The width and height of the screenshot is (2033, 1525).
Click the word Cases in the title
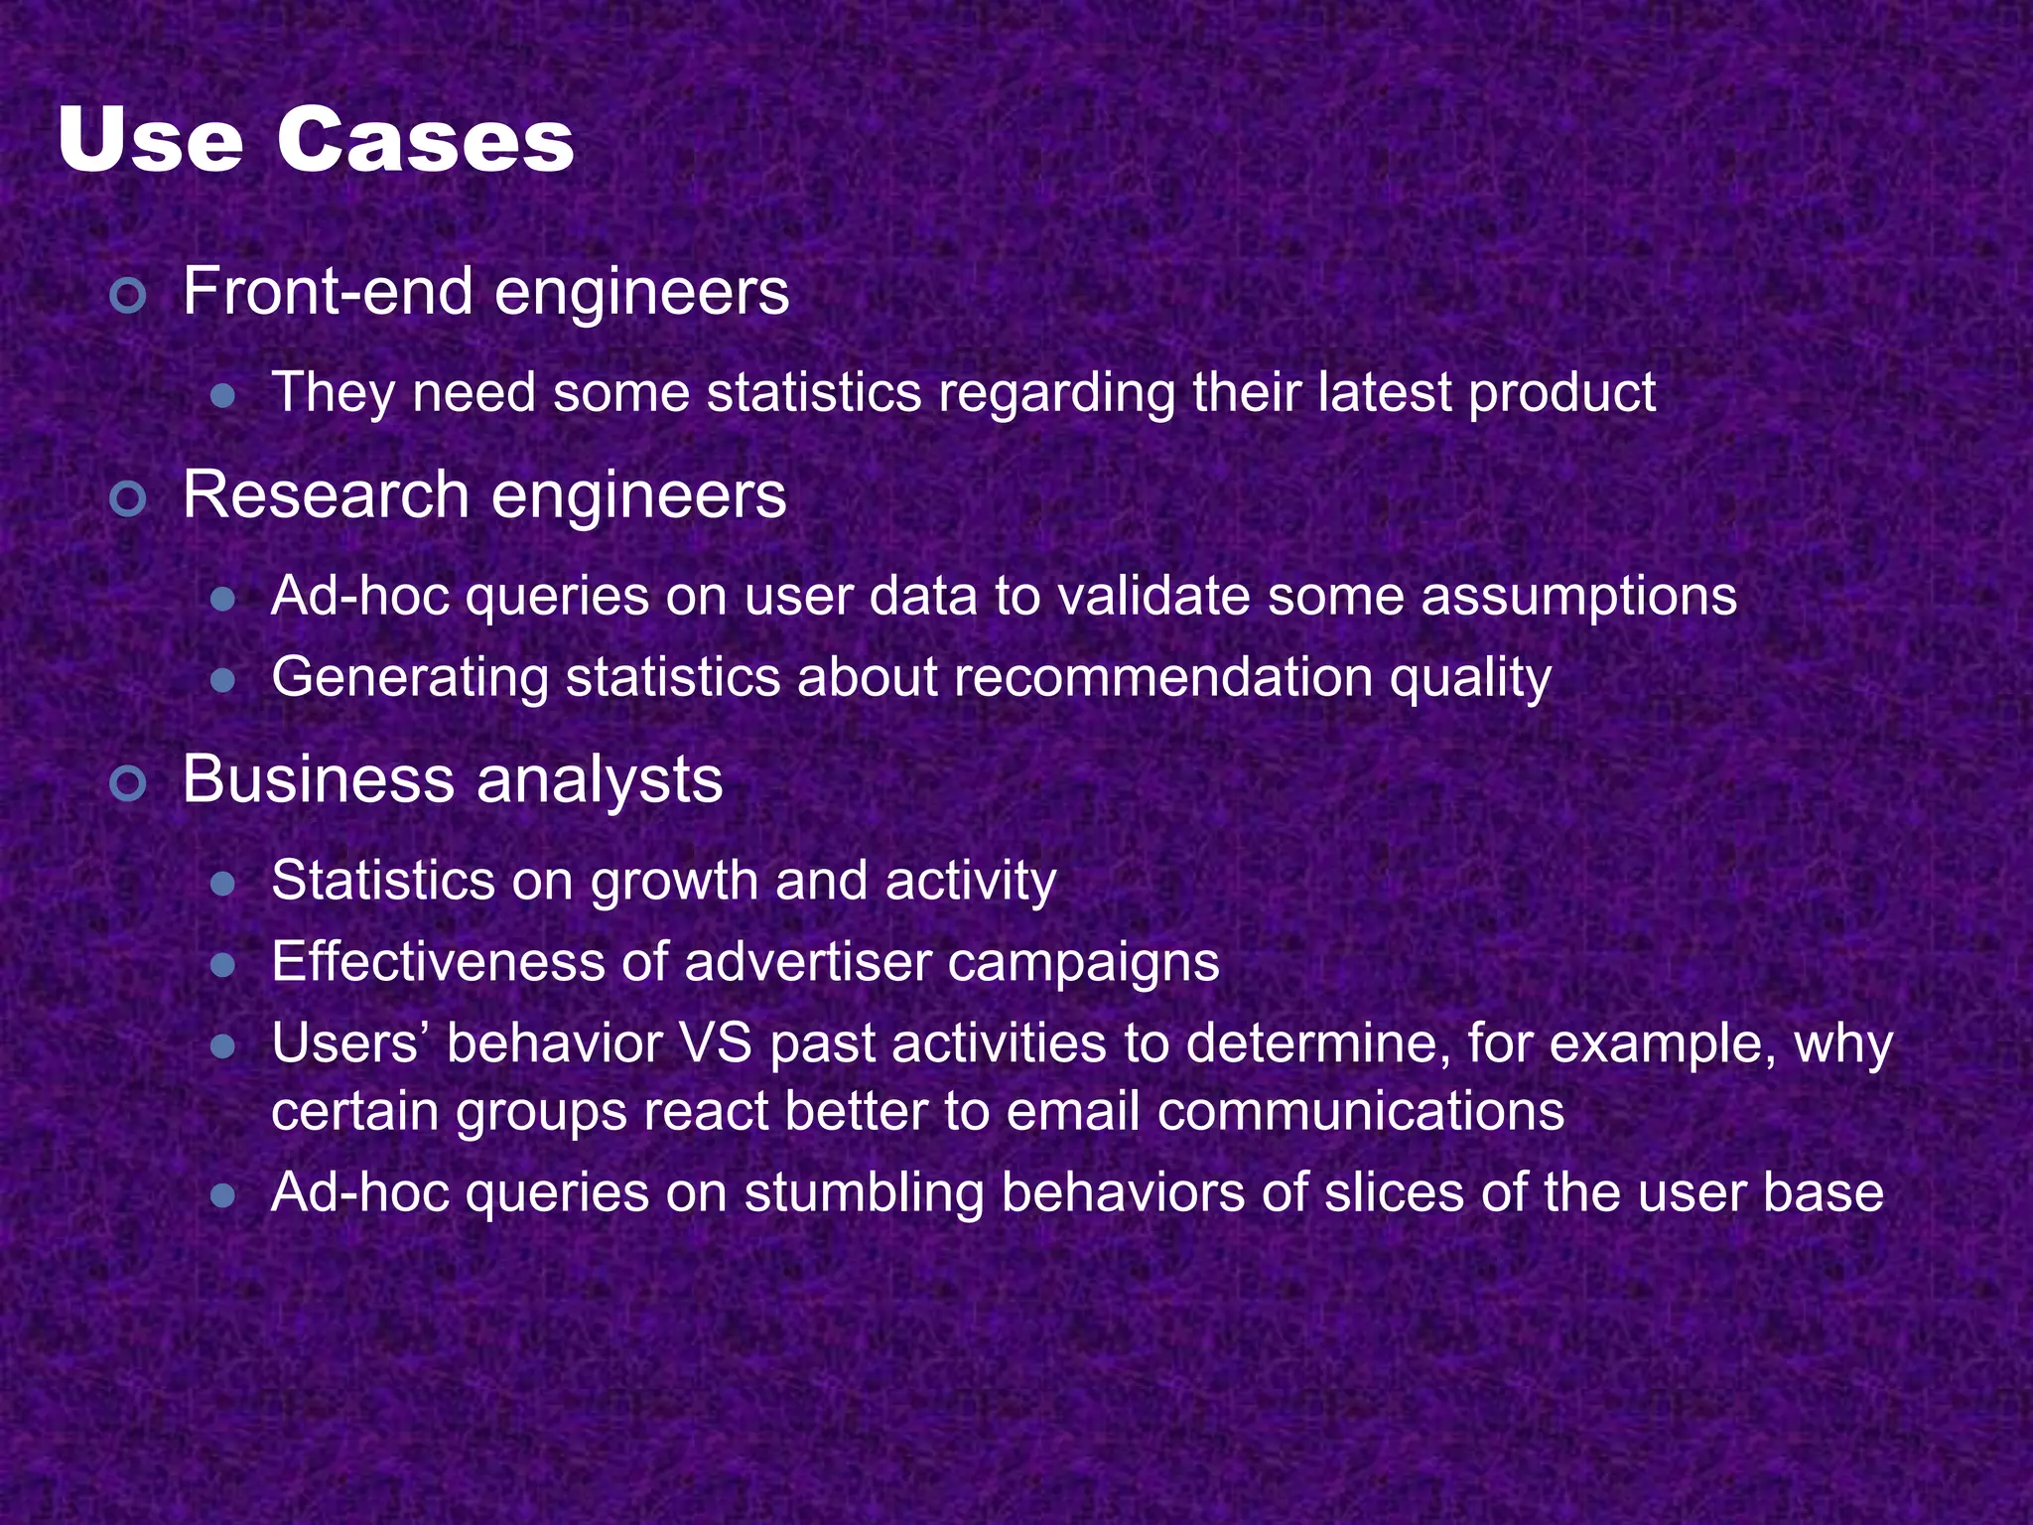425,140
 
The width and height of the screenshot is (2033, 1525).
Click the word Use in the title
150,140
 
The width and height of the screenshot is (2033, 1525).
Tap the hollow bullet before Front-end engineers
129,295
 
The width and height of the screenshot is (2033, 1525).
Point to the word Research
325,495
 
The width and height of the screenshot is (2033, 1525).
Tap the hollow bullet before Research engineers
129,498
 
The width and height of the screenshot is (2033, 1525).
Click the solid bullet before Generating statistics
223,681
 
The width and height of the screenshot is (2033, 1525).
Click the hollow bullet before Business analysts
129,783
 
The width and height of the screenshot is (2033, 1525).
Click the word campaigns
1083,964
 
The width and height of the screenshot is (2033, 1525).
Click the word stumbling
864,1193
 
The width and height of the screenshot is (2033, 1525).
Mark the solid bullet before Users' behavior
223,1046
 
